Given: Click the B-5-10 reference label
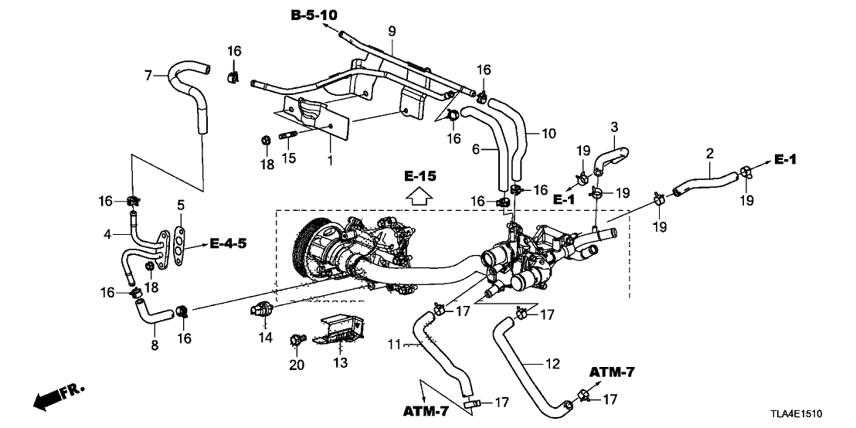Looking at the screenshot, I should pyautogui.click(x=314, y=15).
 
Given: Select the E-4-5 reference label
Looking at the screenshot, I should pyautogui.click(x=228, y=244).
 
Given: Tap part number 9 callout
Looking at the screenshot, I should pyautogui.click(x=392, y=32).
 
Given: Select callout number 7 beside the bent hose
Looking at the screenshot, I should pyautogui.click(x=148, y=75).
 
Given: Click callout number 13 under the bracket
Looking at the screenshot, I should pyautogui.click(x=340, y=362).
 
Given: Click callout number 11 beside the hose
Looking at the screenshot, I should pyautogui.click(x=394, y=345).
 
